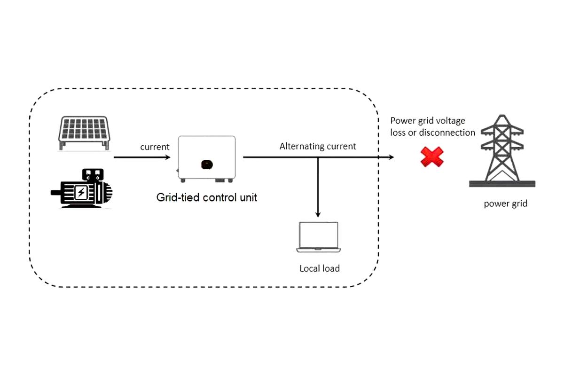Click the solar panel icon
(x=84, y=133)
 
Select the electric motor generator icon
(x=83, y=188)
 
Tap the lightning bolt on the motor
(x=81, y=192)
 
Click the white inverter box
(x=206, y=158)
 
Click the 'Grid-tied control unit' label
(x=206, y=197)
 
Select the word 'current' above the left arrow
(x=155, y=147)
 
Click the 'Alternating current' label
(x=318, y=146)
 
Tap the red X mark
(x=431, y=157)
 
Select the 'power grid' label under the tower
(x=505, y=204)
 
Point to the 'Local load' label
(x=319, y=269)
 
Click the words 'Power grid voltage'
(x=428, y=121)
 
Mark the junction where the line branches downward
(x=318, y=157)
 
